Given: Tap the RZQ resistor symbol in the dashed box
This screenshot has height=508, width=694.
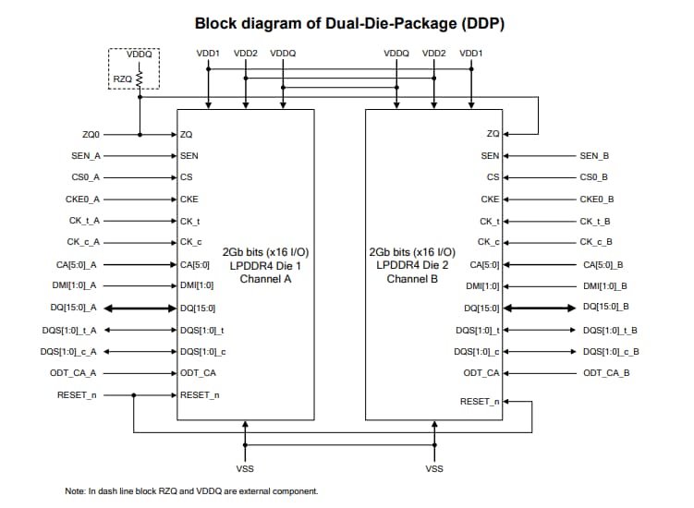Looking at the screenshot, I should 140,80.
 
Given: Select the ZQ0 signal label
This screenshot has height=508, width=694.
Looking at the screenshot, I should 91,135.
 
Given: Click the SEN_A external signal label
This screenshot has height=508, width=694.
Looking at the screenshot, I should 85,156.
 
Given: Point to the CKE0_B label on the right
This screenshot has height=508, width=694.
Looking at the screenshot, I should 595,199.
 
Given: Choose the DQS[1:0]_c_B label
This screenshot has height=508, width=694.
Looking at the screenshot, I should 610,351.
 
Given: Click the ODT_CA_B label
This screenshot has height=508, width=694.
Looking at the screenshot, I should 606,372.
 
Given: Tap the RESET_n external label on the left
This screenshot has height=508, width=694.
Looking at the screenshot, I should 84,394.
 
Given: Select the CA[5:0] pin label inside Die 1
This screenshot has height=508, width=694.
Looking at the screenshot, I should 195,264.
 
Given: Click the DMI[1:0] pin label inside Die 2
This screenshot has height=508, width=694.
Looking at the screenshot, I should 482,285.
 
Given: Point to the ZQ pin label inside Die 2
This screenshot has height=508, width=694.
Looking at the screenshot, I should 493,135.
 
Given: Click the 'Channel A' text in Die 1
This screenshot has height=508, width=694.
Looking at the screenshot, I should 265,278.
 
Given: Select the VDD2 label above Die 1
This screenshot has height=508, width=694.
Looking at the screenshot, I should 246,54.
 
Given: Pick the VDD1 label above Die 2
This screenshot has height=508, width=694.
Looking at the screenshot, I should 470,54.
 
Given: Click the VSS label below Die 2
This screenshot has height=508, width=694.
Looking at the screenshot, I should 433,468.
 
